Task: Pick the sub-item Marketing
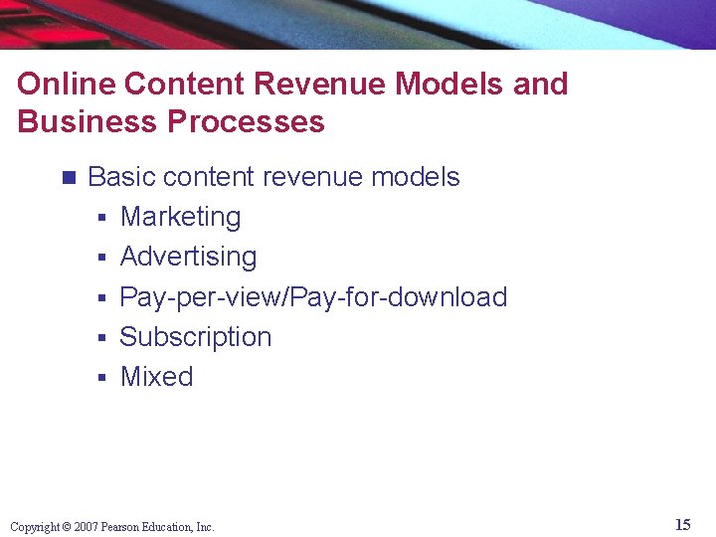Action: click(x=180, y=217)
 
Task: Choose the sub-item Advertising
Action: click(x=188, y=257)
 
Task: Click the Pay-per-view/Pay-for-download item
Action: click(x=313, y=297)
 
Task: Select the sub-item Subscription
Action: click(x=195, y=337)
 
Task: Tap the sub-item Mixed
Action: click(x=156, y=377)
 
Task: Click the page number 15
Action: click(x=682, y=525)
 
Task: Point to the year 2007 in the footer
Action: click(x=85, y=527)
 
